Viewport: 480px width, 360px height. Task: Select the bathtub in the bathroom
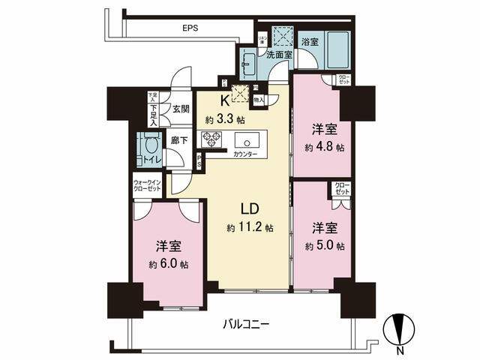tap(336, 52)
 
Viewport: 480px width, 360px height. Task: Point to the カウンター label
tap(245, 154)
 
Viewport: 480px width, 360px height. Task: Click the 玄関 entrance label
tap(181, 109)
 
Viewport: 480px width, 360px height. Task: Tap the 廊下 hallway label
tap(178, 140)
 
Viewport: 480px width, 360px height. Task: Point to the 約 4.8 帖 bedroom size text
tap(323, 148)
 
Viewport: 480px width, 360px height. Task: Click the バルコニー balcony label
tap(246, 325)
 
